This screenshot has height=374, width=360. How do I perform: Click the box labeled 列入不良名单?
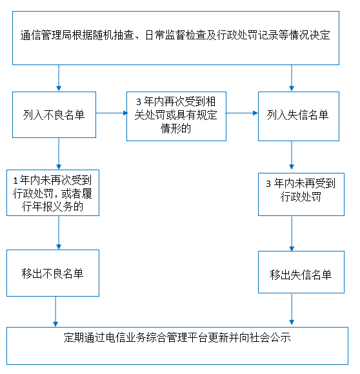coord(54,115)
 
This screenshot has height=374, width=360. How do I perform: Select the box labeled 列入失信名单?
coord(299,116)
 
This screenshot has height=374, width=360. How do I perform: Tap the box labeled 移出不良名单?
coord(53,273)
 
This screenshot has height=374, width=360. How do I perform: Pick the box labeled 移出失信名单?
coord(301,272)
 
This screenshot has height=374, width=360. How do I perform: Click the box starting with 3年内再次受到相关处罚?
coord(176,116)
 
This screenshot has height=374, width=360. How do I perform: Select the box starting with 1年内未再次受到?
coord(53,193)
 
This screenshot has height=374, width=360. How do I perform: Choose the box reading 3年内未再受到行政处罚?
coord(301,194)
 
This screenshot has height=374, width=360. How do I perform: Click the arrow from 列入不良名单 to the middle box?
coord(112,113)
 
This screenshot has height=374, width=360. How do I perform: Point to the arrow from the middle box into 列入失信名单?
coord(242,113)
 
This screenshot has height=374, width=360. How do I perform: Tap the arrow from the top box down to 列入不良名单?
coord(59,78)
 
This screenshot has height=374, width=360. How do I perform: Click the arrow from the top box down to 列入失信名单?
coord(292,78)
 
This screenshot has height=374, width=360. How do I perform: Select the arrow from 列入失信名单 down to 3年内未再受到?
coord(292,155)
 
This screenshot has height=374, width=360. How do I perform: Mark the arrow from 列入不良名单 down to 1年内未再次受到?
coord(59,153)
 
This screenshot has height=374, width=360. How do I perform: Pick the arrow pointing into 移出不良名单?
coord(59,233)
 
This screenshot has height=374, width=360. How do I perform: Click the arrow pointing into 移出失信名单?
coord(292,233)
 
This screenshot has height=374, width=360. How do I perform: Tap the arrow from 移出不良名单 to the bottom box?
coord(55,311)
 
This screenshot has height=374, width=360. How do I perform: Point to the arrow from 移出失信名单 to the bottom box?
coord(292,309)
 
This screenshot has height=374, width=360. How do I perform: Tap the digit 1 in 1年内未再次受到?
coord(15,181)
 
